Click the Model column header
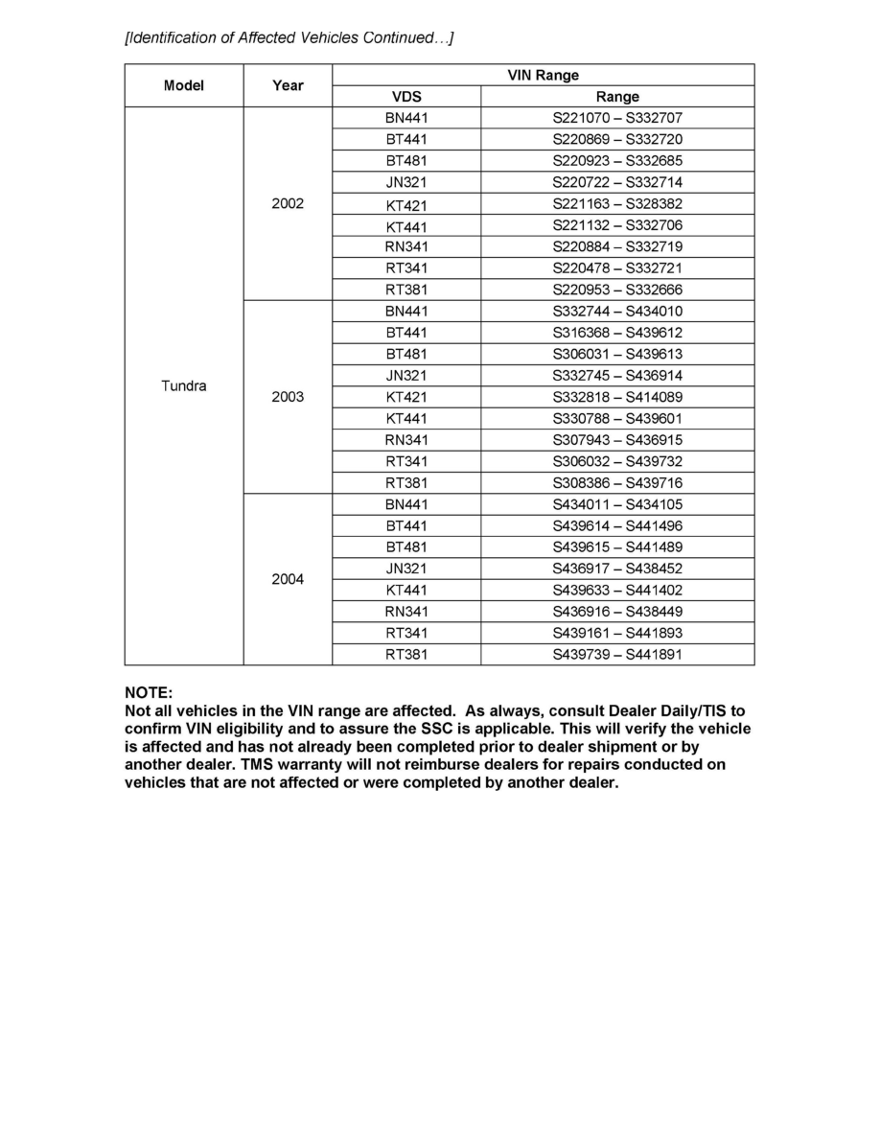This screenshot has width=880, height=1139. (x=183, y=85)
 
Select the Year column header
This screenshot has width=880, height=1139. (x=288, y=85)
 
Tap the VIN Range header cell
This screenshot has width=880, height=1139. (x=543, y=75)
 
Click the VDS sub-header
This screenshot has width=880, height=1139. (x=406, y=97)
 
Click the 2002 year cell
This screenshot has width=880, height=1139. (x=288, y=203)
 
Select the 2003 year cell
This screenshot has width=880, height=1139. (x=288, y=397)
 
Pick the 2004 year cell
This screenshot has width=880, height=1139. (x=288, y=579)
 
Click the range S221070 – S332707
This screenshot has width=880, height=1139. (x=617, y=118)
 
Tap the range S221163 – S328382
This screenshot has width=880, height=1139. (x=617, y=204)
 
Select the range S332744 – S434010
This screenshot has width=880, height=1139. (x=617, y=312)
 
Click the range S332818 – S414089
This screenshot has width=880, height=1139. (x=617, y=397)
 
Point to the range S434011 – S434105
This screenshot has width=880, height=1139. (x=617, y=504)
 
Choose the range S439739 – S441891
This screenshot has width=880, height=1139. (x=617, y=655)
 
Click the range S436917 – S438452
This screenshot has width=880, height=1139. (x=617, y=569)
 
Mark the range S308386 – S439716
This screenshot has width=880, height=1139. (x=617, y=483)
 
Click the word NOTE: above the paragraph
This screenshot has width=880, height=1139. (x=149, y=692)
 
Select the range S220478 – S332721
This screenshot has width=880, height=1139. (x=617, y=268)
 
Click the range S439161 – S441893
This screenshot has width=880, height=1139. (x=617, y=633)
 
